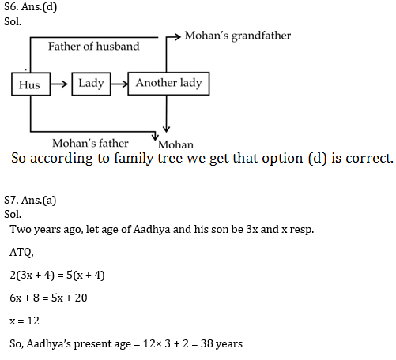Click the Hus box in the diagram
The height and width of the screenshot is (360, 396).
[x=31, y=84]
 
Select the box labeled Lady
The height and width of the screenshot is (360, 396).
[x=91, y=84]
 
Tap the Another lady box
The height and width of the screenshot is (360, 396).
[x=168, y=84]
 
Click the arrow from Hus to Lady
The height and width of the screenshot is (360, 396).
[x=59, y=84]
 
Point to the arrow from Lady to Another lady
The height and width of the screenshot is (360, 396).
[x=119, y=84]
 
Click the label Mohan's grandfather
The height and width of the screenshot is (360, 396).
[x=238, y=36]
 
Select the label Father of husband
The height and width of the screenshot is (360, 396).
[x=93, y=47]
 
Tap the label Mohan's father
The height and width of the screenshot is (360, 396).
[x=90, y=144]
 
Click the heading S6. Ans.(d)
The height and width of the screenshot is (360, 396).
[x=31, y=7]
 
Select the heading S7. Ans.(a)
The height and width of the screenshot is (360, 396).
[x=30, y=201]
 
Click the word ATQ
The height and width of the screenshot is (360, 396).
[x=21, y=253]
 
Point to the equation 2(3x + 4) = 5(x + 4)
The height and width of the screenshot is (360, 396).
[x=57, y=276]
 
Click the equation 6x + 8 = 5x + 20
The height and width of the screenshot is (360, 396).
[x=48, y=298]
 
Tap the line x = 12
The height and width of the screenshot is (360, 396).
[x=25, y=321]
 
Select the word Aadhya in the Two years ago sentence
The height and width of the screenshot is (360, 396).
[x=152, y=230]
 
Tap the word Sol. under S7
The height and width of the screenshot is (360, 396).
[x=13, y=214]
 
